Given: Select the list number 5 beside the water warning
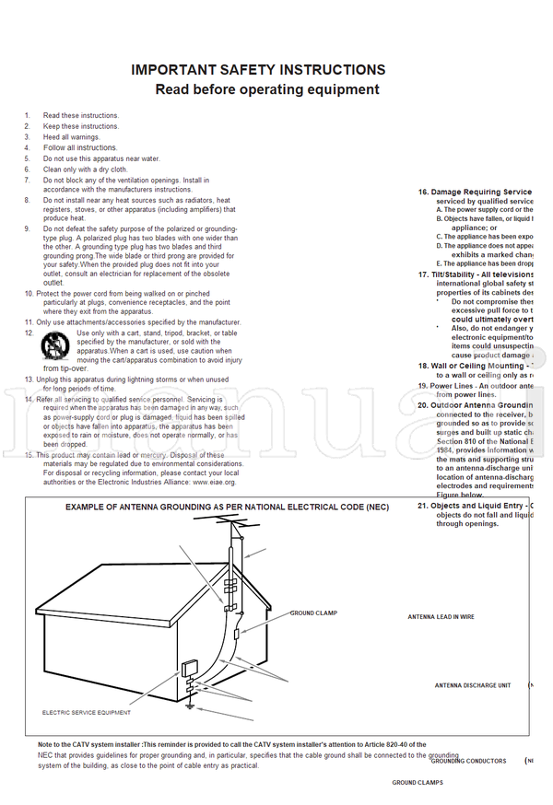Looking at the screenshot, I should click(x=28, y=158).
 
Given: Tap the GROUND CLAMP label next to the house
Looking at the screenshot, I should click(x=313, y=612).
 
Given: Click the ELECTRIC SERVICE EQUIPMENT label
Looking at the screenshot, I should click(x=87, y=712).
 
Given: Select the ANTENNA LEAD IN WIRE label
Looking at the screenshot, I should click(x=441, y=616).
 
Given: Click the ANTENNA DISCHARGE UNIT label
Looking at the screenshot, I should click(x=472, y=685).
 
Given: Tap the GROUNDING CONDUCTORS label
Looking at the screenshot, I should click(x=468, y=761).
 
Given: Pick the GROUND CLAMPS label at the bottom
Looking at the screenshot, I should click(x=417, y=782).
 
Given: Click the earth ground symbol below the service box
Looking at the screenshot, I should click(x=191, y=706).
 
